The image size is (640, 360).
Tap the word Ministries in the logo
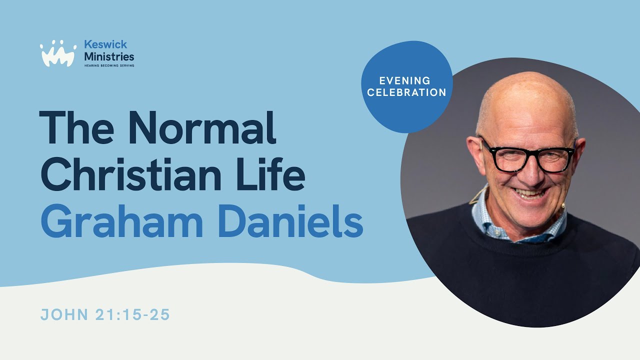tap(109, 56)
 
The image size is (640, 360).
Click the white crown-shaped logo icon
tap(58, 53)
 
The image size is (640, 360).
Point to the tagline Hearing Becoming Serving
tap(109, 65)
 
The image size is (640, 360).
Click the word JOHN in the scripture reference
tap(62, 315)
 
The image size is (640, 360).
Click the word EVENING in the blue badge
tap(405, 80)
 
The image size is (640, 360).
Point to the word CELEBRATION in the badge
tap(406, 92)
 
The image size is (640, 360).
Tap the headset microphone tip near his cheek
tap(563, 204)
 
